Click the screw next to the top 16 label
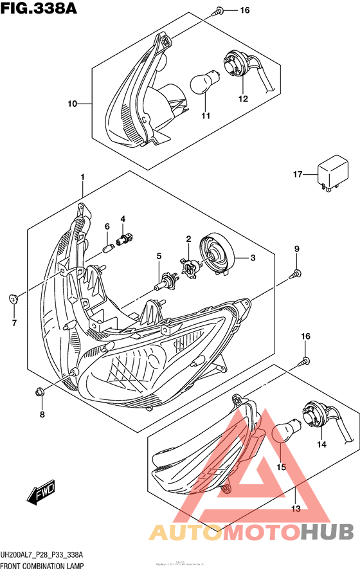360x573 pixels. pos(220,10)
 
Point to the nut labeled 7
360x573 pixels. pos(14,298)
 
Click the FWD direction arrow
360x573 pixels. pos(40,495)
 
